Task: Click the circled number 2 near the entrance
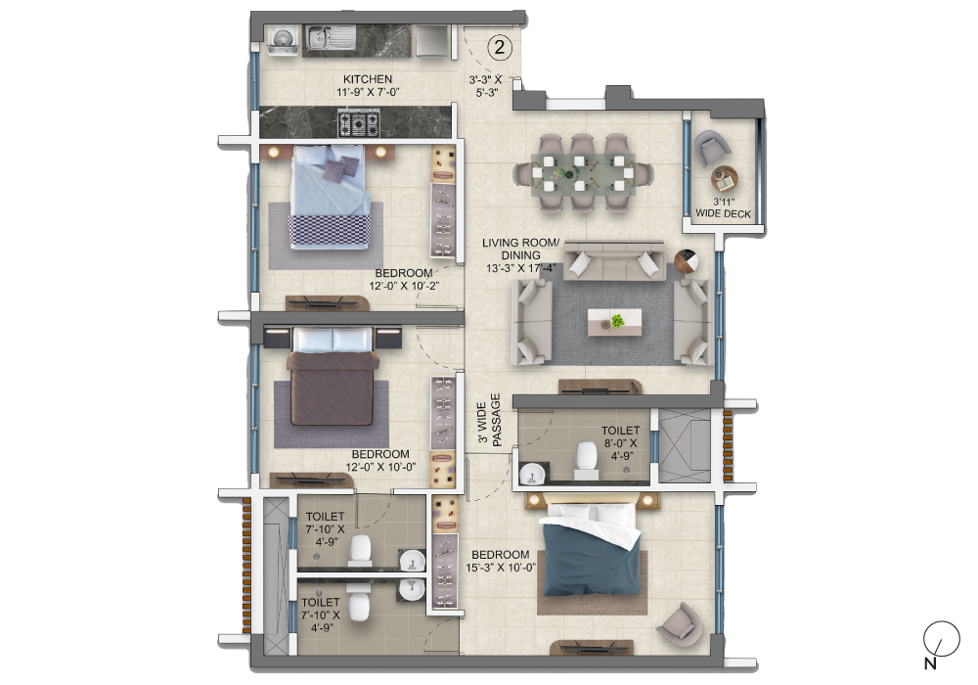pyautogui.click(x=499, y=46)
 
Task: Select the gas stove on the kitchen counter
pyautogui.click(x=359, y=123)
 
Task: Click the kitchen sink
pyautogui.click(x=320, y=39)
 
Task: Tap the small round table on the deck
pyautogui.click(x=725, y=180)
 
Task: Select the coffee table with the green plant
pyautogui.click(x=616, y=322)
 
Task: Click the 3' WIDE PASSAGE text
pyautogui.click(x=489, y=421)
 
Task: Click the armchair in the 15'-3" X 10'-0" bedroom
pyautogui.click(x=679, y=619)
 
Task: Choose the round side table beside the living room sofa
pyautogui.click(x=687, y=261)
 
